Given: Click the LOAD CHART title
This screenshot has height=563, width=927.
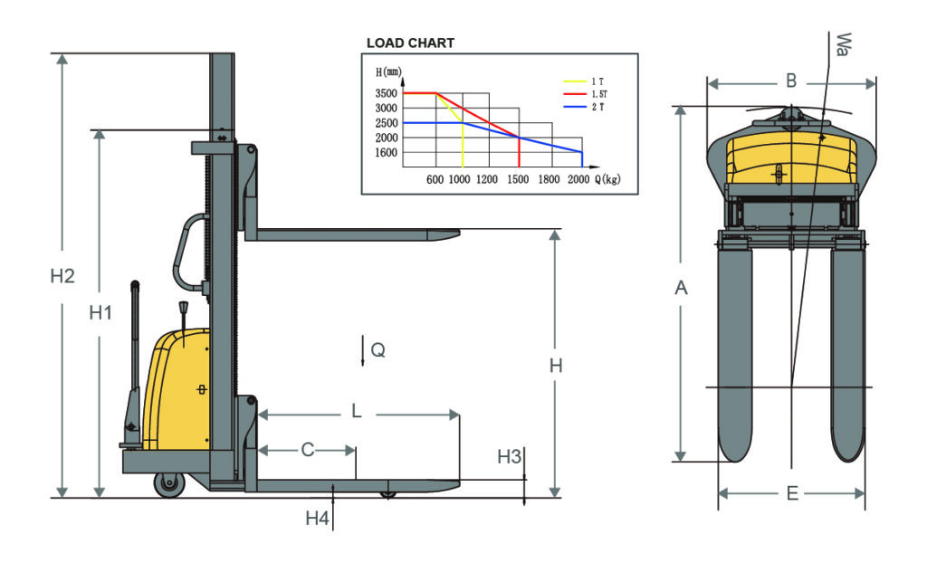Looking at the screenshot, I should pyautogui.click(x=410, y=43).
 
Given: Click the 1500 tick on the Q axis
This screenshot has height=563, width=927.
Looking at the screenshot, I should pyautogui.click(x=518, y=179).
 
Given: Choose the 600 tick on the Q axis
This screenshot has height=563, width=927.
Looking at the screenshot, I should pyautogui.click(x=435, y=179).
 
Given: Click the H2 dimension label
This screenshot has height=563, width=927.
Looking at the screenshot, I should pyautogui.click(x=62, y=276).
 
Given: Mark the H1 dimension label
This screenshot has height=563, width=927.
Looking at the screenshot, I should pyautogui.click(x=100, y=313).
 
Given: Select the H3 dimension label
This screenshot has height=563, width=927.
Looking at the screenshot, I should pyautogui.click(x=510, y=456).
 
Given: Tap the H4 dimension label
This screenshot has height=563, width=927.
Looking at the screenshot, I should pyautogui.click(x=316, y=519).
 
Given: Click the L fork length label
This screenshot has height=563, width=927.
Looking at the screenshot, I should pyautogui.click(x=357, y=412).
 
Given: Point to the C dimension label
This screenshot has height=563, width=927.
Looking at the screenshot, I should pyautogui.click(x=308, y=449).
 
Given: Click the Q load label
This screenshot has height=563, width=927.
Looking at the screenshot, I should pyautogui.click(x=378, y=349).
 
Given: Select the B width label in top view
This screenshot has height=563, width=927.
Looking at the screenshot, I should pyautogui.click(x=790, y=81).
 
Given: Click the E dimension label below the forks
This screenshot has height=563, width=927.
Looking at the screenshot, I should pyautogui.click(x=792, y=493).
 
